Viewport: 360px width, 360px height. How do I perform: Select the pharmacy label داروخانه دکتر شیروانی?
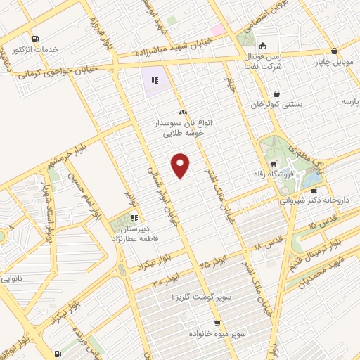(x=321, y=200)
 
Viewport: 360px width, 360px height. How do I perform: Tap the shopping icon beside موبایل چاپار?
(x=333, y=51)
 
